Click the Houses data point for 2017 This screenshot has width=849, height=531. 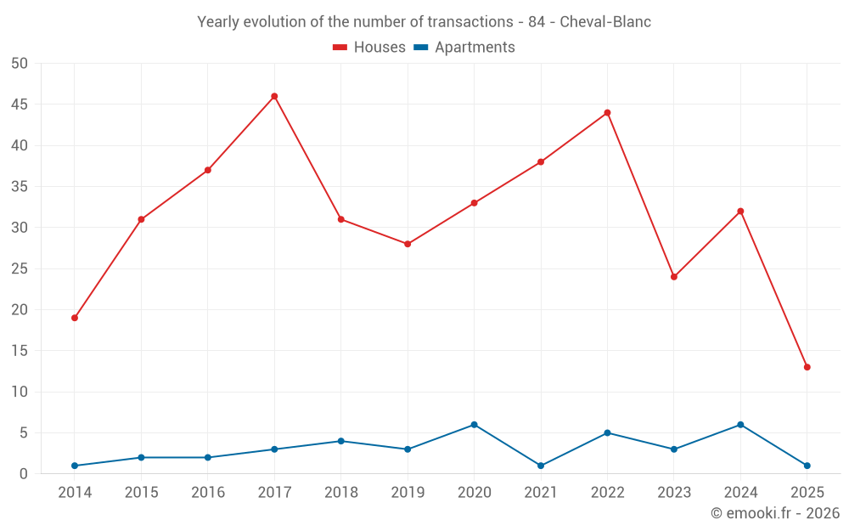(274, 96)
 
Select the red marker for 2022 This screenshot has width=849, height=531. (607, 113)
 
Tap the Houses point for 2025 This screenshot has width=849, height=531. (807, 367)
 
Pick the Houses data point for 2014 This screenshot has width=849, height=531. (75, 318)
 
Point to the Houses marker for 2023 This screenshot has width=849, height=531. (674, 277)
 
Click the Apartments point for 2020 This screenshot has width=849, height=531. (474, 425)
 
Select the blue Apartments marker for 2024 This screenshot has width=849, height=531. (740, 425)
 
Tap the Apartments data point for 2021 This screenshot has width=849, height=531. (541, 466)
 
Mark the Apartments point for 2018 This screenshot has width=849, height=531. (340, 441)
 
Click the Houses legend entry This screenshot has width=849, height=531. (369, 48)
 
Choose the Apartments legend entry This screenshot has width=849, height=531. (464, 48)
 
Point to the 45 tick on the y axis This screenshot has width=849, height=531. (20, 105)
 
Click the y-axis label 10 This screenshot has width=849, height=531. (20, 392)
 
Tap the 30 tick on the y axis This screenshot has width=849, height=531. (20, 228)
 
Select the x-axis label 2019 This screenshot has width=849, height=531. (408, 492)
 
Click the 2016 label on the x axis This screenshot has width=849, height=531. (208, 492)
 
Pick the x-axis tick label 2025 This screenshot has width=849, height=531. (807, 492)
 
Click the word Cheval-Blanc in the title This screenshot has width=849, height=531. (605, 22)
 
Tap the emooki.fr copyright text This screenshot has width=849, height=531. (774, 513)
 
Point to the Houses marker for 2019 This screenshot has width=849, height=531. (408, 244)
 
